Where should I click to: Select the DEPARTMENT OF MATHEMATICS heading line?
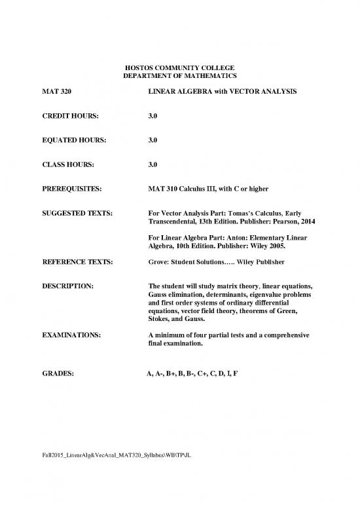(179, 77)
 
